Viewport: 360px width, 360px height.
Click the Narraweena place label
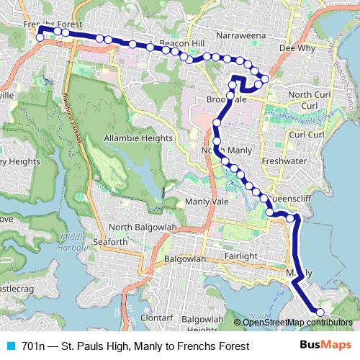tap(239, 34)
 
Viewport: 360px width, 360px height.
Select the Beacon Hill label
tap(181, 44)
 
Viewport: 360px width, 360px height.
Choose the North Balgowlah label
tap(143, 228)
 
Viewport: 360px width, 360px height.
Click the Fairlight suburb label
tap(240, 256)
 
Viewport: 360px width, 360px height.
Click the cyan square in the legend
tap(10, 346)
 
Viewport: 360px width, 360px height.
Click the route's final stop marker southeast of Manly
tap(320, 312)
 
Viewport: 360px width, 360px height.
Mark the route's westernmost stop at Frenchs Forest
tap(40, 35)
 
